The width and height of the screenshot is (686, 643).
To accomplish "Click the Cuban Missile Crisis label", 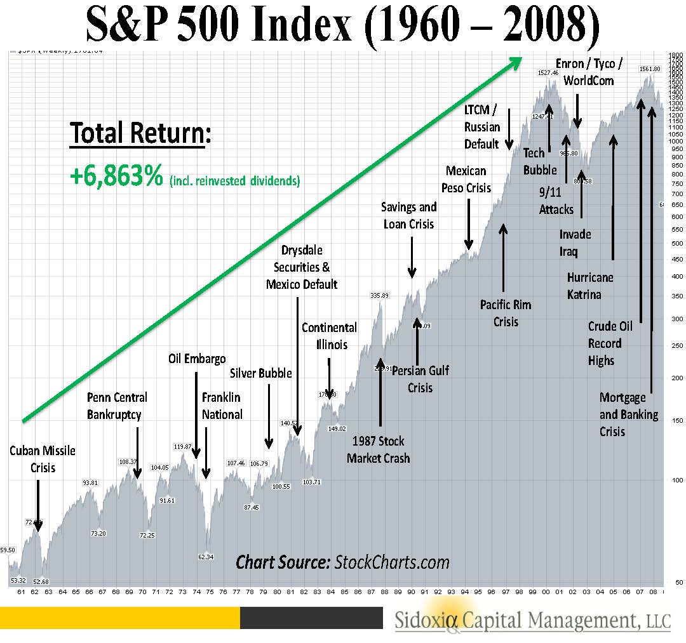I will [x=42, y=459].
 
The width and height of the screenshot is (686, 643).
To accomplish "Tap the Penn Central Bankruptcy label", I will [x=116, y=406].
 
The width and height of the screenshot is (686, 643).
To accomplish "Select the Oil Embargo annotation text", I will [x=197, y=359].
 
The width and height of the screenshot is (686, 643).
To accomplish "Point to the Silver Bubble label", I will [x=260, y=373].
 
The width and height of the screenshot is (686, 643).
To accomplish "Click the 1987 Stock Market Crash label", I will [x=379, y=449].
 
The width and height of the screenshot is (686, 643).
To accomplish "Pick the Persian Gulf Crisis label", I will [x=420, y=378].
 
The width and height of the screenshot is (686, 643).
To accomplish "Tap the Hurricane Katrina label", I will [x=590, y=286].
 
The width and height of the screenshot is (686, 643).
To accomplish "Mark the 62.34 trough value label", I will [x=206, y=557].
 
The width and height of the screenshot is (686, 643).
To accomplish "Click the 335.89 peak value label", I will [x=379, y=295].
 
